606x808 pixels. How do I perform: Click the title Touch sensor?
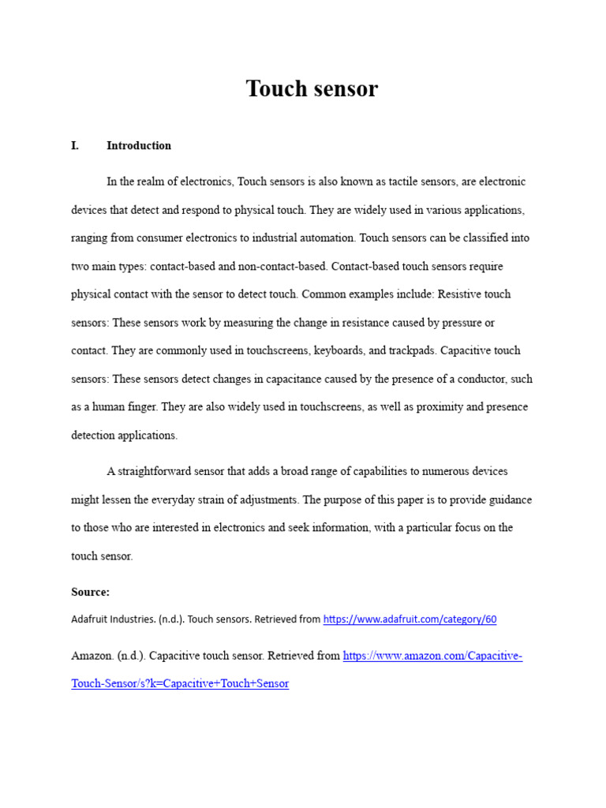click(x=312, y=89)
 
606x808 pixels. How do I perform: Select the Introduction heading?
click(x=139, y=146)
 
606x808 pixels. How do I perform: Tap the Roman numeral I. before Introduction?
click(x=75, y=146)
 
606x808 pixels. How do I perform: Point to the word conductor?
click(x=481, y=379)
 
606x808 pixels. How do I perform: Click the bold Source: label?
click(x=90, y=592)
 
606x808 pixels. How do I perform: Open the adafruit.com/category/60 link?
click(x=410, y=619)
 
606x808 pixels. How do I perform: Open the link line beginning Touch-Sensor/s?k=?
click(x=180, y=683)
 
